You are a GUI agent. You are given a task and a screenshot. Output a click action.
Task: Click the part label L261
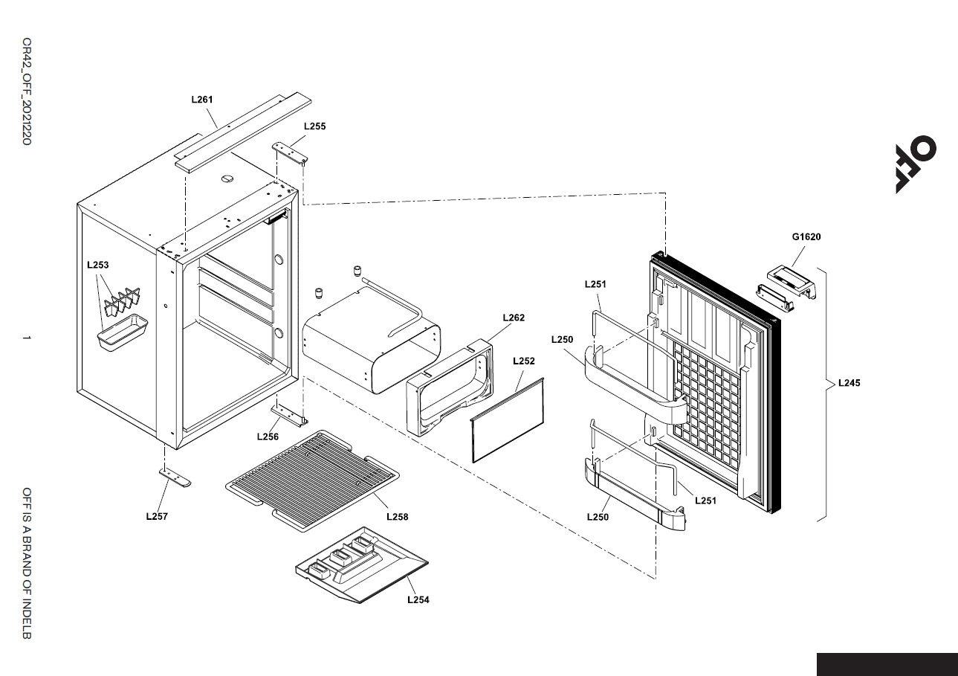(202, 100)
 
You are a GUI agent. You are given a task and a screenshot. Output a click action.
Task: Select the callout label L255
(315, 126)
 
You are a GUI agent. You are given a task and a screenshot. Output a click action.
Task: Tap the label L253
(98, 265)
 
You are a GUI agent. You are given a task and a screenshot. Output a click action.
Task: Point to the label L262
(514, 318)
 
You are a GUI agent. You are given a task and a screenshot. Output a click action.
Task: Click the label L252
(524, 361)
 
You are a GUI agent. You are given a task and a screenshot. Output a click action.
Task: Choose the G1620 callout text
(806, 237)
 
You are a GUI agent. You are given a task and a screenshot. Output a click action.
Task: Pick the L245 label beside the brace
(849, 383)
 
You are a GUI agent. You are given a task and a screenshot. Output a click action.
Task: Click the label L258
(398, 517)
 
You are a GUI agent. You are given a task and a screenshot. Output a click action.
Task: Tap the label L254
(418, 600)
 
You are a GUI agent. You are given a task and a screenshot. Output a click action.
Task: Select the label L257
(157, 516)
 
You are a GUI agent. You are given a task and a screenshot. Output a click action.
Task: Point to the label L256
(268, 437)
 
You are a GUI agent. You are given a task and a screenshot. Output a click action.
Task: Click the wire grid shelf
(313, 480)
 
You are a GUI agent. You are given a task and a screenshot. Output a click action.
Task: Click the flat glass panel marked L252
(508, 419)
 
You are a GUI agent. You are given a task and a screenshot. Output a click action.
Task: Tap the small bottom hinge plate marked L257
(175, 477)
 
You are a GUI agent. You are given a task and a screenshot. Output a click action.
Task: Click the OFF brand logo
(916, 164)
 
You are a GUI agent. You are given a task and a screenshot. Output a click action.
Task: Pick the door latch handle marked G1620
(792, 280)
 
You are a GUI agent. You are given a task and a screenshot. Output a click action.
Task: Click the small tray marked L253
(123, 333)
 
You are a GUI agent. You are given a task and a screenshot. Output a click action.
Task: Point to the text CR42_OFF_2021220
(27, 91)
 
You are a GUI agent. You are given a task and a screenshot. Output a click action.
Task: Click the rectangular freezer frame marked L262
(449, 387)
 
